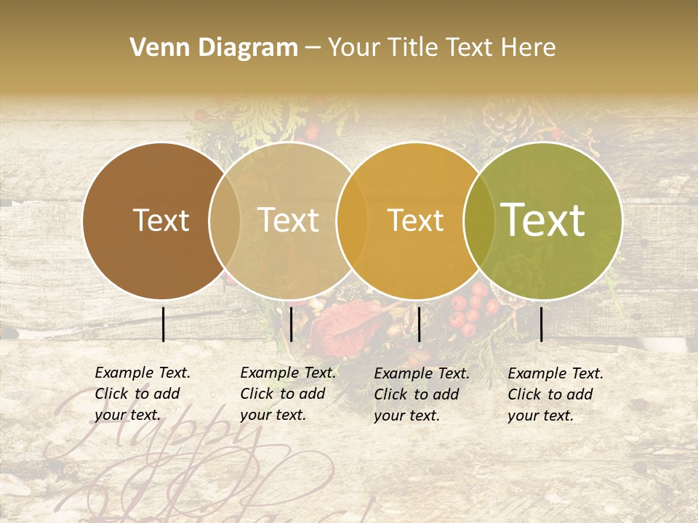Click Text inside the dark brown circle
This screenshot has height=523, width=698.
coord(161,220)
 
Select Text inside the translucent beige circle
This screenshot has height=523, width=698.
coord(289,220)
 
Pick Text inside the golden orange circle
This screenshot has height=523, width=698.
coord(415,220)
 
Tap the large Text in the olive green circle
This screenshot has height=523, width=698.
coord(543,220)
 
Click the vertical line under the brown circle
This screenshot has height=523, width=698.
coord(163,324)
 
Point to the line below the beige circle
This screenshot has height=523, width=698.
coord(291,324)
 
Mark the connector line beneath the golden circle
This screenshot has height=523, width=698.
coord(419,324)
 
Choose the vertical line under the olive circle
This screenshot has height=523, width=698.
coord(541,324)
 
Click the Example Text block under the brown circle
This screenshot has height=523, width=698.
coord(143,394)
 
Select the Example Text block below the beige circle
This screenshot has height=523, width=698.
coord(288,394)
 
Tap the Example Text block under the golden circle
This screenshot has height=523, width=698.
coord(422,394)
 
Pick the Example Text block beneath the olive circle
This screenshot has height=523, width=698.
coord(555,394)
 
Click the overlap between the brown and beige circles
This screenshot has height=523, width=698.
coord(225,220)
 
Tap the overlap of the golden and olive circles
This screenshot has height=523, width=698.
coord(477,220)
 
